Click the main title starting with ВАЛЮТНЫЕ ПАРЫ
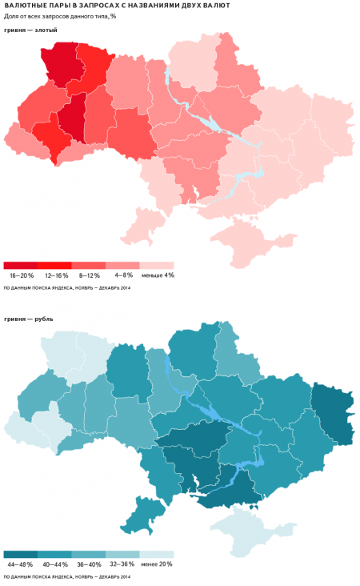118,6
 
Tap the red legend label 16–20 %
21,275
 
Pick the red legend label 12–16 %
54,275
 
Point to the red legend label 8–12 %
89,275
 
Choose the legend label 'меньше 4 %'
157,275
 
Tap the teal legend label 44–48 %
21,564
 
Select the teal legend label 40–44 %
54,564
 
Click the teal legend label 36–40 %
89,564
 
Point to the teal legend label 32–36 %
122,564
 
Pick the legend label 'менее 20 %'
157,564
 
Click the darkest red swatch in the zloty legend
21,265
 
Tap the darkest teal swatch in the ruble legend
21,554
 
